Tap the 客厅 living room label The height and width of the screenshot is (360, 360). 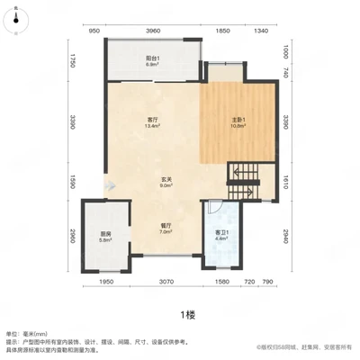click(x=153, y=122)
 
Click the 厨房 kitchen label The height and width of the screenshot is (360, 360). click(x=106, y=238)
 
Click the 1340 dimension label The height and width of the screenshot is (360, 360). click(x=261, y=31)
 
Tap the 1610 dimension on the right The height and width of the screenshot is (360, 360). click(x=285, y=180)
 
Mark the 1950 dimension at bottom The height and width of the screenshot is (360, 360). click(x=105, y=283)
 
